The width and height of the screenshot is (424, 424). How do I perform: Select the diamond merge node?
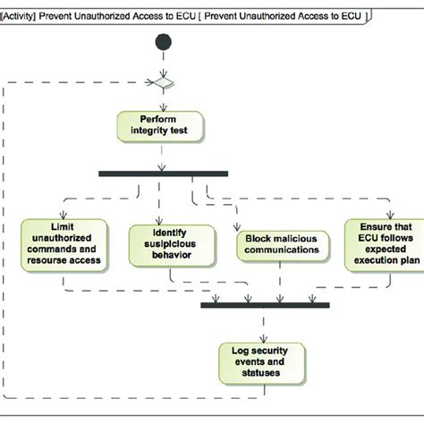[x=162, y=85]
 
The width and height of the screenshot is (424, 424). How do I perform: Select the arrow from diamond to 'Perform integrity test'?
[x=162, y=100]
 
